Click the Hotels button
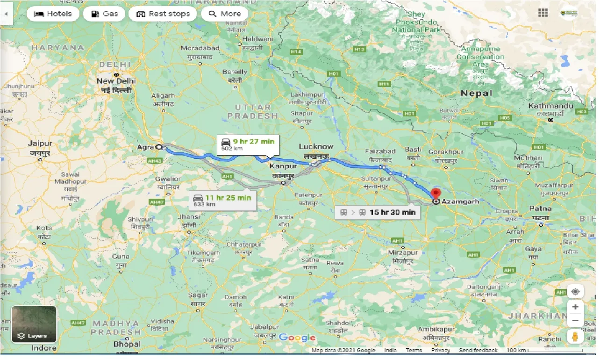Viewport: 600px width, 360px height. click(x=53, y=14)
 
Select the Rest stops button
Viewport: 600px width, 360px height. click(x=163, y=14)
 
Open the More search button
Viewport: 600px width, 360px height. click(x=224, y=14)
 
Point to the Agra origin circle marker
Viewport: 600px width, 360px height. click(x=159, y=147)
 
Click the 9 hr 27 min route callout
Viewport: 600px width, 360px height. click(x=248, y=144)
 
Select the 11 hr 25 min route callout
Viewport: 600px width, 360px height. click(x=223, y=201)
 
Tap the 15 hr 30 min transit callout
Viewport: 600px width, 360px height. click(x=378, y=212)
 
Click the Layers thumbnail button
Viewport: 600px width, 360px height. click(x=34, y=324)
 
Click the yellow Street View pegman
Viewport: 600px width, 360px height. click(x=575, y=336)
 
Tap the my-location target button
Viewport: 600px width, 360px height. click(x=575, y=291)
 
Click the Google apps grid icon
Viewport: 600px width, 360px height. click(x=543, y=13)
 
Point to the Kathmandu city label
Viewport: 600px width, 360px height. click(x=550, y=106)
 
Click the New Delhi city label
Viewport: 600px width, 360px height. click(x=116, y=81)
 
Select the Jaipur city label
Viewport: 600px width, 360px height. click(x=39, y=144)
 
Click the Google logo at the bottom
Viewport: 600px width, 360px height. click(x=297, y=338)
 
